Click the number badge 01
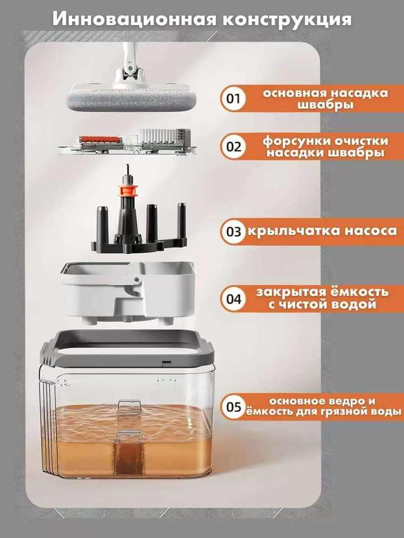point(233,99)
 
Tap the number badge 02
point(233,146)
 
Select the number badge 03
point(233,231)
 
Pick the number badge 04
point(233,299)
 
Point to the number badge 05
point(233,407)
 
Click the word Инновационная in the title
point(134,19)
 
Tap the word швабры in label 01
point(325,104)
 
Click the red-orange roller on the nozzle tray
point(100,140)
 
